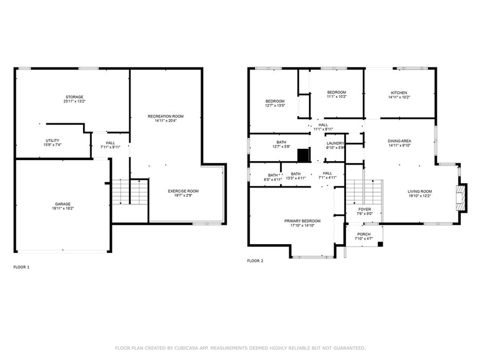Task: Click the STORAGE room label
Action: tap(74, 97)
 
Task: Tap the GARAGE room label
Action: tap(63, 204)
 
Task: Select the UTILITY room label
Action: tap(53, 141)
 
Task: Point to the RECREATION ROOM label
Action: tap(165, 116)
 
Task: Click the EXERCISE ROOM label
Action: tap(183, 191)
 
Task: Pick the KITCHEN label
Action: tap(399, 93)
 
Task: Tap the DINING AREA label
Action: tap(400, 141)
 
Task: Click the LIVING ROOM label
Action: tap(420, 192)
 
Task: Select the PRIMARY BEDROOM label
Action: tap(303, 221)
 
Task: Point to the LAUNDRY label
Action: tap(335, 143)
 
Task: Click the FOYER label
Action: tap(364, 210)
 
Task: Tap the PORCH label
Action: tap(364, 234)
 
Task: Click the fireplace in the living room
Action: tap(461, 198)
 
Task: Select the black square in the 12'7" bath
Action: tap(303, 155)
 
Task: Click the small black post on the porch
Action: tap(380, 244)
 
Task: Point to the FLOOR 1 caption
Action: tap(22, 267)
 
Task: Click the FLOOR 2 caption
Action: tap(255, 261)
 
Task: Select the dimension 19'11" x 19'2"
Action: tap(63, 209)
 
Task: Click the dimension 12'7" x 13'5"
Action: tap(275, 106)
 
